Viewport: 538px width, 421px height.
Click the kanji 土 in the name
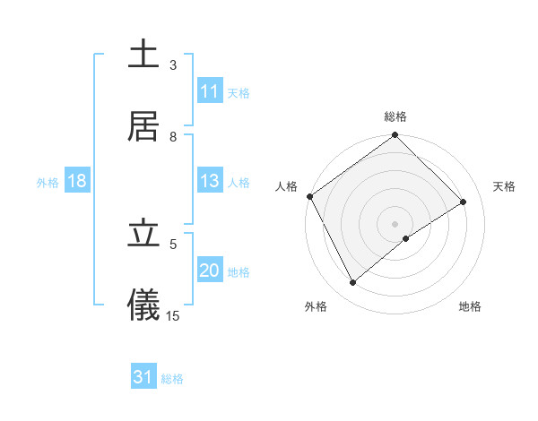click(x=143, y=55)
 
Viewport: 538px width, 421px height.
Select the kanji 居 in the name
click(x=143, y=126)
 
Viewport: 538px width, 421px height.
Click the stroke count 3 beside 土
click(x=173, y=64)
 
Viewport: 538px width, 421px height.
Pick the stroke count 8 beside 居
click(x=173, y=136)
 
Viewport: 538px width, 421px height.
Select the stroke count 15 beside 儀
click(x=173, y=315)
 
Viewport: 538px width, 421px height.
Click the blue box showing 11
click(x=210, y=91)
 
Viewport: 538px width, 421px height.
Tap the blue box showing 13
click(x=210, y=182)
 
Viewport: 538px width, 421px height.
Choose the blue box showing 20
click(x=210, y=271)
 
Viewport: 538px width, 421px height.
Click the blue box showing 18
click(x=77, y=182)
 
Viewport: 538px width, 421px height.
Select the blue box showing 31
click(x=143, y=378)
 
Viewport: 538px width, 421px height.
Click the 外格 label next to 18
click(x=48, y=183)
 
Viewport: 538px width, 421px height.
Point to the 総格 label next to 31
click(x=172, y=379)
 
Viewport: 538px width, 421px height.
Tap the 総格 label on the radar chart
click(x=395, y=116)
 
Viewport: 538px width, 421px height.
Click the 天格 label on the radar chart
click(x=505, y=186)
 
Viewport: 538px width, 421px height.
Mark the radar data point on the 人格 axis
click(x=309, y=196)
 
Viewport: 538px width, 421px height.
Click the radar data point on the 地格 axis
click(x=406, y=238)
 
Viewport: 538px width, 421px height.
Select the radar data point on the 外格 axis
click(x=353, y=283)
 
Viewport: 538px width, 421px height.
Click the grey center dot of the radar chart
click(x=395, y=223)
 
